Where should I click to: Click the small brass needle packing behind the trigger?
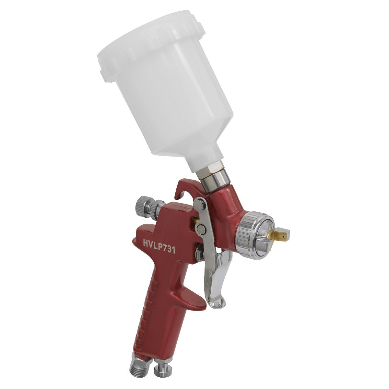194,220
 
